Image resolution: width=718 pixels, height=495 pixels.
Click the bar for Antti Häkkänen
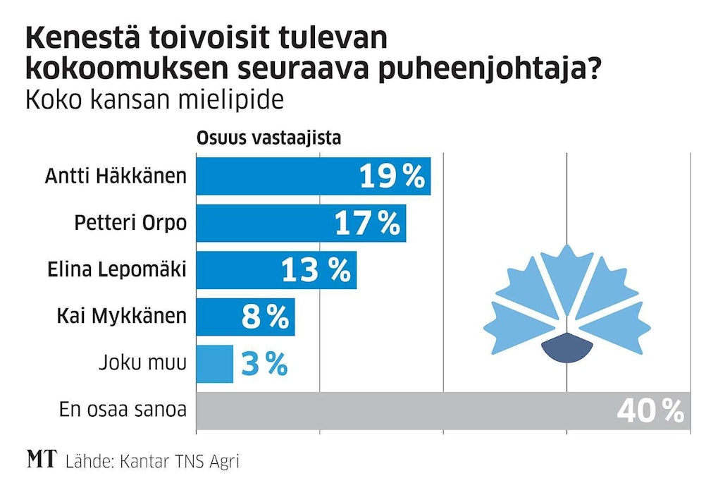275,176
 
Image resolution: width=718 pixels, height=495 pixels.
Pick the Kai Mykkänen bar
218,317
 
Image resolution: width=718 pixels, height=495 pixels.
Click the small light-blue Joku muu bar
214,364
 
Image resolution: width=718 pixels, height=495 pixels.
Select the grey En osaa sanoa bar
402,410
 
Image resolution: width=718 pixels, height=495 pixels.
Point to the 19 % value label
392,176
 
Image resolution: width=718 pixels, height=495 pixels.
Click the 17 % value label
367,224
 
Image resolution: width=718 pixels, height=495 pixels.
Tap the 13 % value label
316,270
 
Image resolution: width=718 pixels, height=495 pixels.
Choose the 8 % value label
265,317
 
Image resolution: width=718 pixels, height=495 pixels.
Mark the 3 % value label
264,364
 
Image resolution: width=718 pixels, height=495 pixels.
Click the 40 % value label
650,411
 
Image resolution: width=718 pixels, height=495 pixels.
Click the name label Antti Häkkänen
116,176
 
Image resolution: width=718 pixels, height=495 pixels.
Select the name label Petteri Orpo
131,223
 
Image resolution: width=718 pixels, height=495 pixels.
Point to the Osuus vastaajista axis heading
268,137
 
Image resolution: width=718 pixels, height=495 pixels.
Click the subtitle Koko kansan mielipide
154,100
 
